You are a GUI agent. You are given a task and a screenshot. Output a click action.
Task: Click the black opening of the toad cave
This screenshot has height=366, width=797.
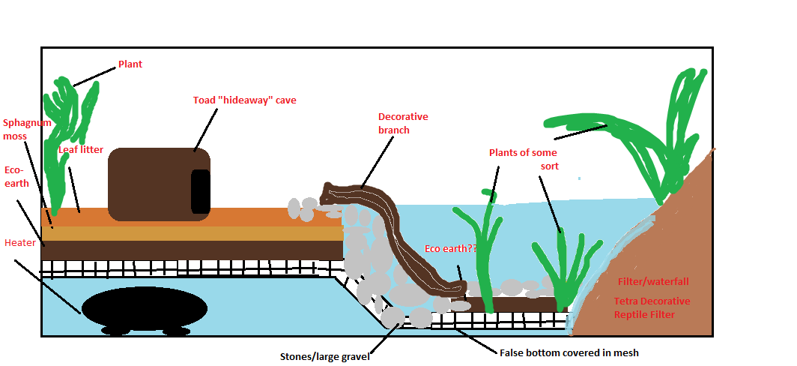(200, 191)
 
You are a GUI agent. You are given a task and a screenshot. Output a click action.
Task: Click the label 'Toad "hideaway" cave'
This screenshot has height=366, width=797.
(244, 100)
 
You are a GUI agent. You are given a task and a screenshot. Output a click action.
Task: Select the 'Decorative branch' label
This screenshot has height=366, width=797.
(403, 123)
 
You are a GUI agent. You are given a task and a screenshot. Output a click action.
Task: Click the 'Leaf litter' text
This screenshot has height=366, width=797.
(81, 150)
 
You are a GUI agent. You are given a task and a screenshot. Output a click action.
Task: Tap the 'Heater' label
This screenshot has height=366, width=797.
(19, 243)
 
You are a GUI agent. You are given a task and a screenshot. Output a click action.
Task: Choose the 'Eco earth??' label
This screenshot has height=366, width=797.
(449, 248)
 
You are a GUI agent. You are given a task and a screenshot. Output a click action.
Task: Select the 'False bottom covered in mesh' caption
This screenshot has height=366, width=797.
(569, 352)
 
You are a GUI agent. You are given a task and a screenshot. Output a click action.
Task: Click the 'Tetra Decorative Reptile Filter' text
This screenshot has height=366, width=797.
(652, 307)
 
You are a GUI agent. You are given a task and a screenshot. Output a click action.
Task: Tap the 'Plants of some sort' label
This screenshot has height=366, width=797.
(523, 159)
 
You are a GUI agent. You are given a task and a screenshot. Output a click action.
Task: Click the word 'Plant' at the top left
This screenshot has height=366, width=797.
(130, 64)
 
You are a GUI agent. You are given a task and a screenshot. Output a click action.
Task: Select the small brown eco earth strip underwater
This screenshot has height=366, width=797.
(524, 304)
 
